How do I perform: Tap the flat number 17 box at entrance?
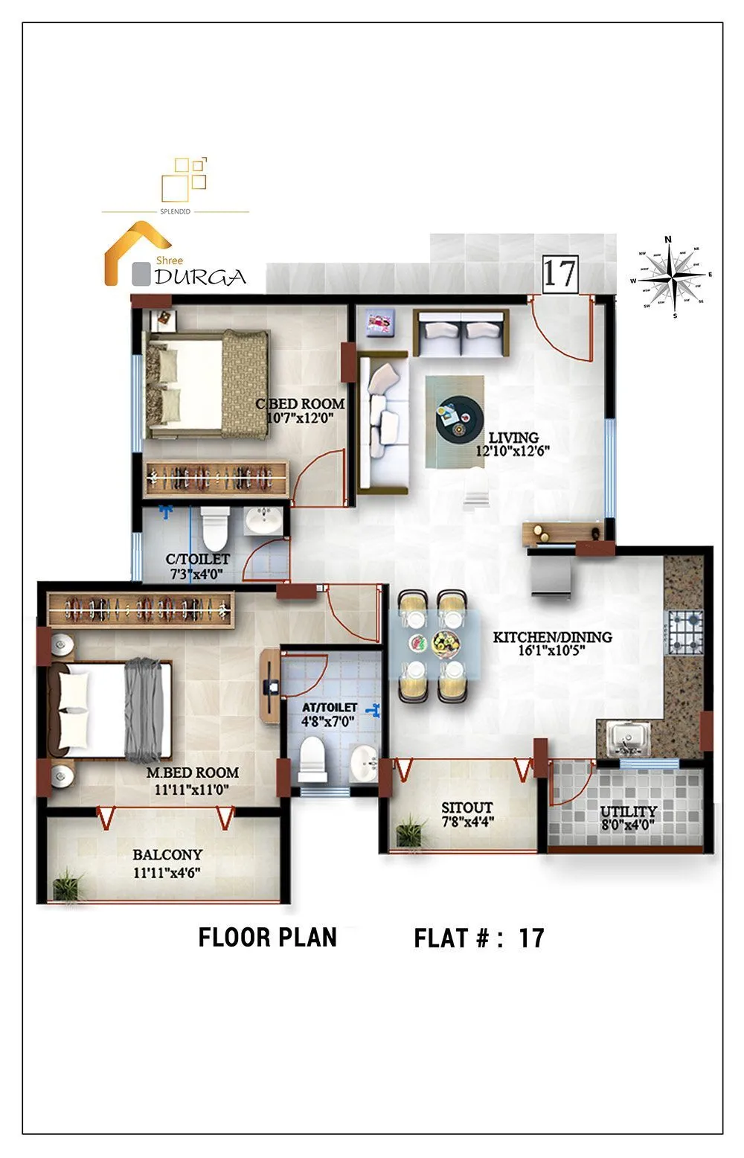coord(559,273)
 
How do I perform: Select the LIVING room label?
coord(513,438)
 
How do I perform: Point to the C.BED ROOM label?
coord(300,404)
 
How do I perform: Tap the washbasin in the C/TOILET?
coord(261,521)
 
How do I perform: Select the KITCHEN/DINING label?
coord(552,637)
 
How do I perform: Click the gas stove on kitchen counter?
coord(684,631)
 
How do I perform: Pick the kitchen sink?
coord(629,739)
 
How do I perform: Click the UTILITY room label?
coord(629,811)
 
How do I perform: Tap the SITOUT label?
coord(466,807)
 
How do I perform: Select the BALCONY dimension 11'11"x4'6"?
coord(167,873)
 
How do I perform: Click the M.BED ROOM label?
coord(192,772)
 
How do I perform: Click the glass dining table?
coord(435,644)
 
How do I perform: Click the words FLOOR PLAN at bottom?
coord(267,937)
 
